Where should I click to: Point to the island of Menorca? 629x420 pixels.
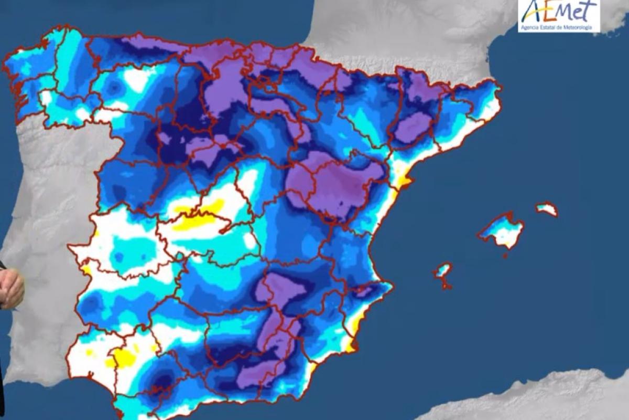click(547, 209)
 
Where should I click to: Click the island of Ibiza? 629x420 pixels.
click(443, 271)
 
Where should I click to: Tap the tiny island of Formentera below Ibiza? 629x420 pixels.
click(447, 286)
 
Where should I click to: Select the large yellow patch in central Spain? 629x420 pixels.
click(197, 218)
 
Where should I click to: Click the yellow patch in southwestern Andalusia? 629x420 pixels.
click(124, 359)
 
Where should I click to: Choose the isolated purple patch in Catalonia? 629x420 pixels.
click(413, 128)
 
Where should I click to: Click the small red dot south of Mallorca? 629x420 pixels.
click(505, 256)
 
